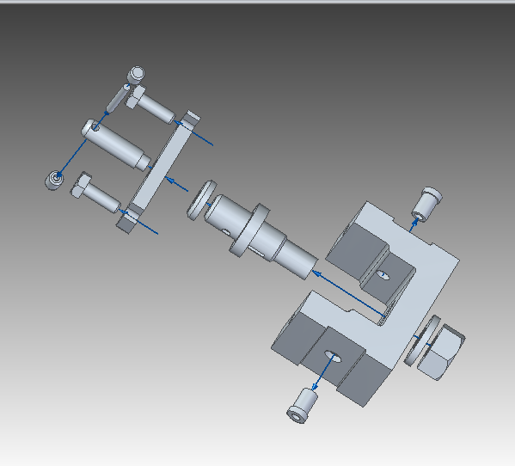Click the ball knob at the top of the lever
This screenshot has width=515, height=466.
click(x=137, y=74)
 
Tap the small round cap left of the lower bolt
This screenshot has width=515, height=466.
click(x=55, y=179)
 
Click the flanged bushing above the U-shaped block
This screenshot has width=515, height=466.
click(x=427, y=204)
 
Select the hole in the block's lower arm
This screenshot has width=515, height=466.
click(x=331, y=357)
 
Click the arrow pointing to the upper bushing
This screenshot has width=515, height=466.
click(x=414, y=225)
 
